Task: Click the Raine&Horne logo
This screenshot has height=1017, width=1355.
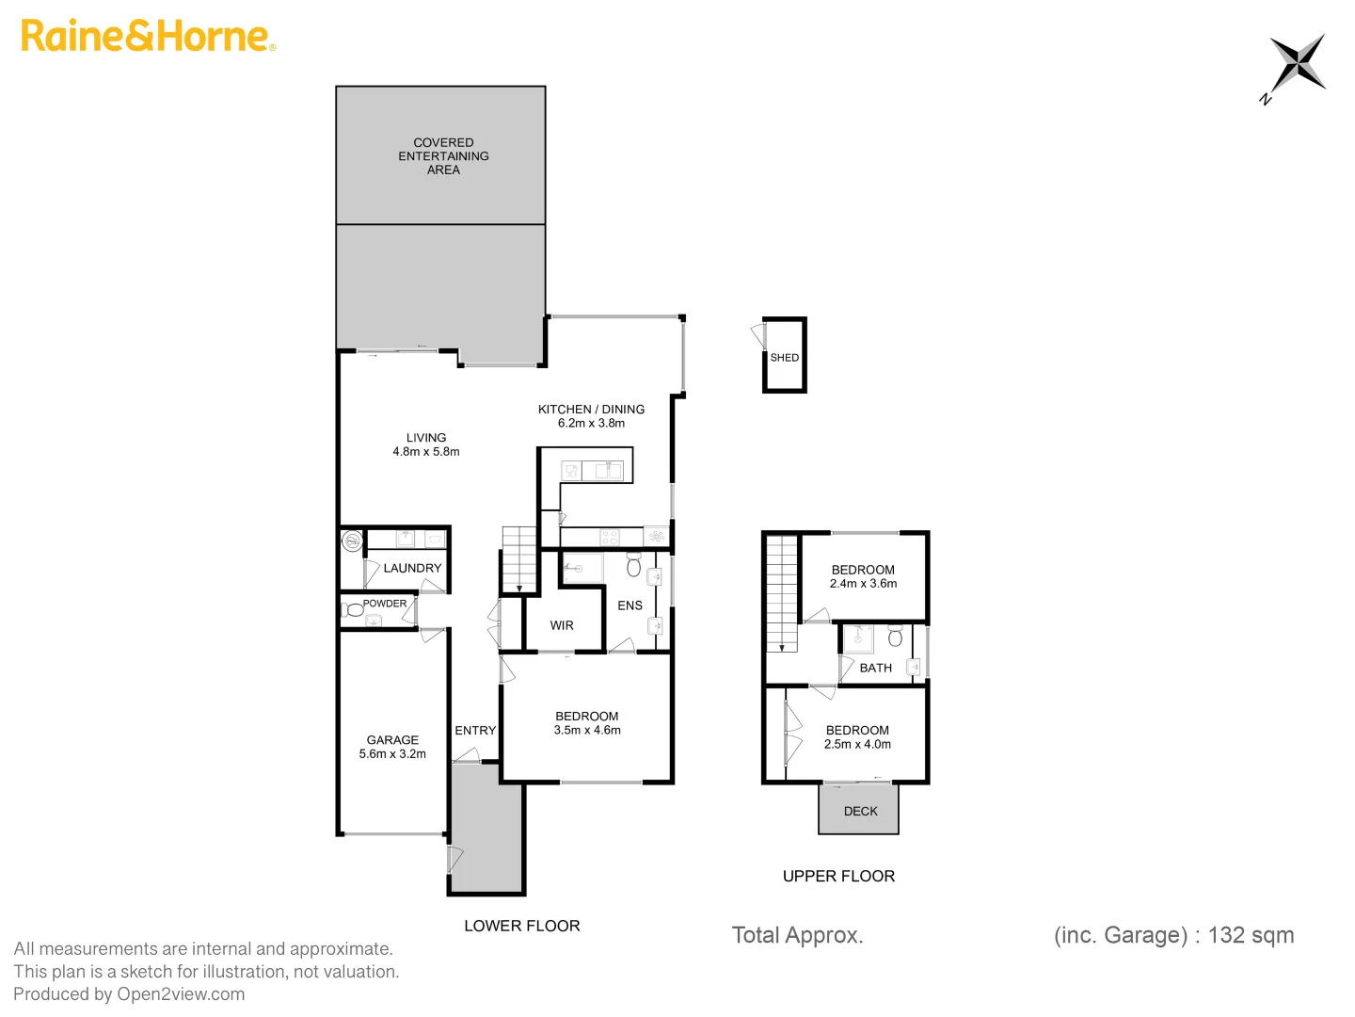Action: (x=148, y=36)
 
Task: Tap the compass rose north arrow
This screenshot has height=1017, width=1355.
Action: (x=1297, y=63)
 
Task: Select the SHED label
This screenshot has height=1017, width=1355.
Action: (x=784, y=358)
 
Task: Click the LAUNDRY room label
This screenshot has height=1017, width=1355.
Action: (x=412, y=568)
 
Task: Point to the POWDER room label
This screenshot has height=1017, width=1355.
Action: (x=385, y=604)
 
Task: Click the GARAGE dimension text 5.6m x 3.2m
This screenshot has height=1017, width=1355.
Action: (x=392, y=754)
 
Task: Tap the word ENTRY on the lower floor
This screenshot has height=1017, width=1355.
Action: (x=475, y=731)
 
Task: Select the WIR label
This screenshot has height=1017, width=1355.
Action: (x=562, y=625)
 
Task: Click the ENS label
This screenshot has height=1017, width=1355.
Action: (x=630, y=605)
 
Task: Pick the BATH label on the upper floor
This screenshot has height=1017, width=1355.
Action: (x=875, y=668)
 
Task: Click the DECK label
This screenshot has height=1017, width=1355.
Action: (x=860, y=811)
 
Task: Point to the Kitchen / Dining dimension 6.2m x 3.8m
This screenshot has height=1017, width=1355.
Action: (x=591, y=424)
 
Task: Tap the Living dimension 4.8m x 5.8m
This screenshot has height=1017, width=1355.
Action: (x=426, y=452)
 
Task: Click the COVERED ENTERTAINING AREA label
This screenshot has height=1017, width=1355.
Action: (x=443, y=156)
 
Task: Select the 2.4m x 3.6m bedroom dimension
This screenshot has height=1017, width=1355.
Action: (x=863, y=584)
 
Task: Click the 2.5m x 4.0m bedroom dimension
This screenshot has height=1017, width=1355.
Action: (x=857, y=744)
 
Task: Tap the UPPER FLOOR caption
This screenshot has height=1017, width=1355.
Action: (x=838, y=876)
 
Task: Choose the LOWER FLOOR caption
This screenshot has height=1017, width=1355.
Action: (x=522, y=926)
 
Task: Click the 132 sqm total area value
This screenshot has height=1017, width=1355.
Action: (x=1251, y=935)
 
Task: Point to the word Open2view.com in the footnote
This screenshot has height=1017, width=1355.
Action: (x=181, y=994)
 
